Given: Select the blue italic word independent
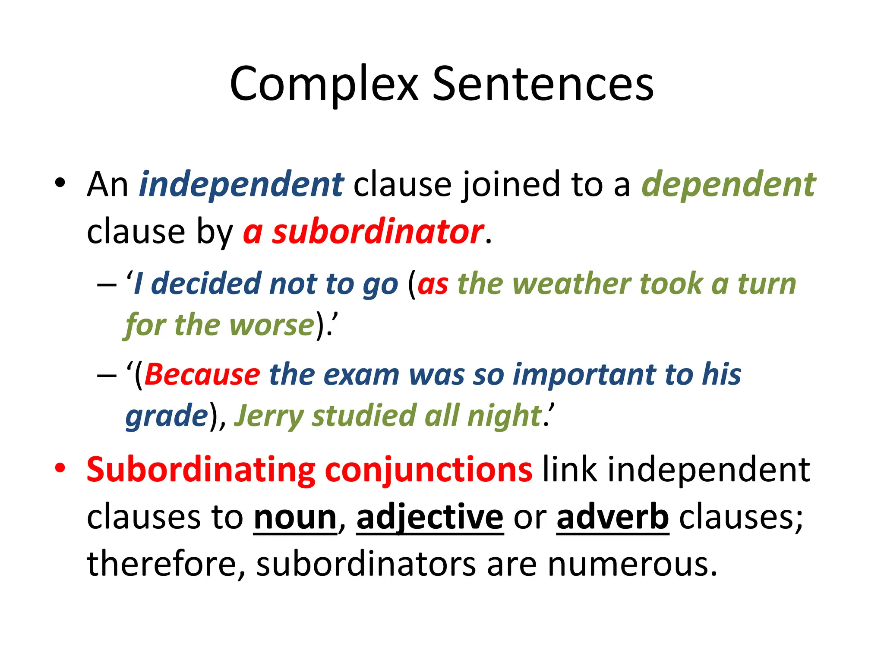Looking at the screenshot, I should tap(241, 185).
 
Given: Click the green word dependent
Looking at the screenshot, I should tap(728, 185).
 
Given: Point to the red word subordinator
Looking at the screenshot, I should tap(377, 232).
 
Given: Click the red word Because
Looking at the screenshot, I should tap(202, 374).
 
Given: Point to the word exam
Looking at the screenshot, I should tap(361, 374).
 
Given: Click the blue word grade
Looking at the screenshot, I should tap(167, 416).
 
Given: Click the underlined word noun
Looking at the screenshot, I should tap(295, 518).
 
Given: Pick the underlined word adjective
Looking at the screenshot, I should tap(430, 518).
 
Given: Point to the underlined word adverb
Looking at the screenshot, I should tap(612, 518).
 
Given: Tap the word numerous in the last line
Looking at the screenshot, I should tap(632, 564).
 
